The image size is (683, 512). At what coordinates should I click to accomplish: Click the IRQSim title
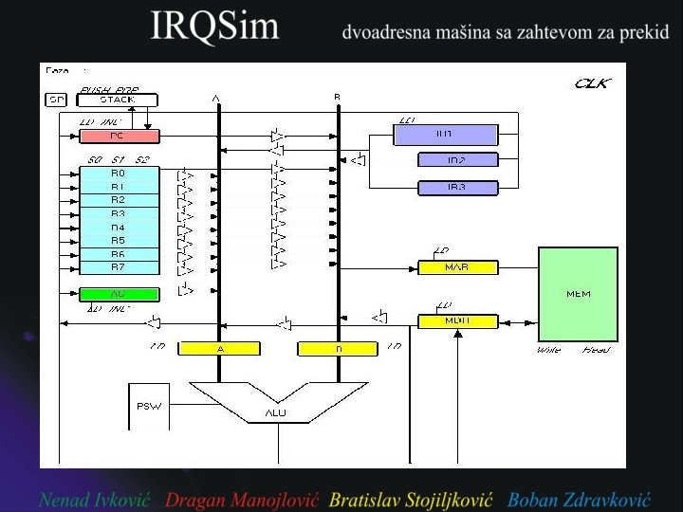tap(215, 27)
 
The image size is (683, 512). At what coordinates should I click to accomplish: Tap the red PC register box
tap(119, 136)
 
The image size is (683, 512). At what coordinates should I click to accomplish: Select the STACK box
tap(118, 100)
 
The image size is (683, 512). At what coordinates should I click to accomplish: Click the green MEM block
tap(578, 293)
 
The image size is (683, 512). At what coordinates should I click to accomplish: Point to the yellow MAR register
tap(457, 267)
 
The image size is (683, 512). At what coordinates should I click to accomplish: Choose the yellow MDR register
tap(457, 321)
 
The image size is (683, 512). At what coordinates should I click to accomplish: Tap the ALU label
tap(275, 413)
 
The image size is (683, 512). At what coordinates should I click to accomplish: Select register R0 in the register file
tap(119, 174)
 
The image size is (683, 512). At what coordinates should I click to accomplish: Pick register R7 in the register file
tap(119, 267)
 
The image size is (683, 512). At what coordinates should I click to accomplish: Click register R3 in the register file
tap(119, 213)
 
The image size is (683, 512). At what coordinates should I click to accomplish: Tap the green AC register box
tap(119, 294)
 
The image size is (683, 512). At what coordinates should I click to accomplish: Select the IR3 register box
tap(457, 188)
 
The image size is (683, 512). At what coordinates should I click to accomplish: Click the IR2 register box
tap(457, 160)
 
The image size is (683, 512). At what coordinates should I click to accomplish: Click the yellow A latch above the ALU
tap(219, 349)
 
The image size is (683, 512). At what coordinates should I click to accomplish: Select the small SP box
tap(56, 100)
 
